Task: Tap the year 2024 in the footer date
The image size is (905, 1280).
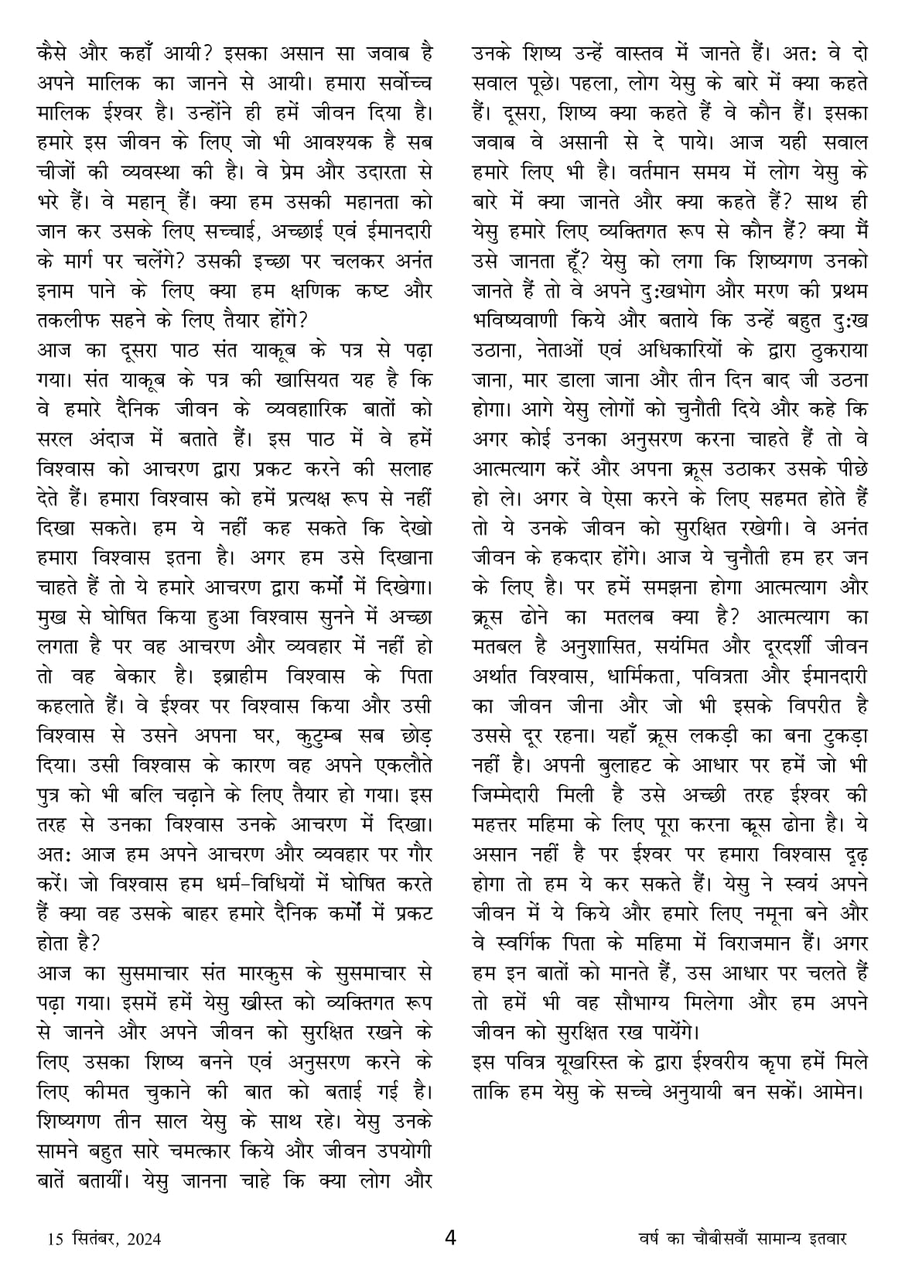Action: click(141, 1239)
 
